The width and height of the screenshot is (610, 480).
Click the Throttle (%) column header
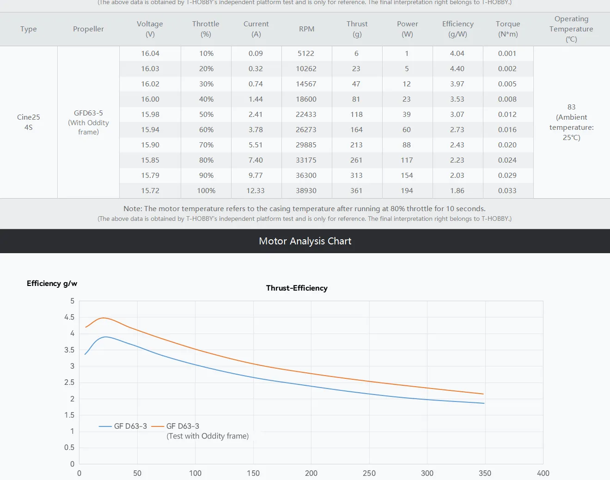(x=206, y=29)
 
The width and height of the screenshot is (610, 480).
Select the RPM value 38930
(x=306, y=190)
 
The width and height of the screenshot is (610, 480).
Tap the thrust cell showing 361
(x=356, y=190)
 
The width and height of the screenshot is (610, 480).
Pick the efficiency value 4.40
(x=457, y=68)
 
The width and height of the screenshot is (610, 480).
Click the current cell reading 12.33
(x=256, y=190)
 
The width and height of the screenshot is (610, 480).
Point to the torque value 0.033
(x=507, y=190)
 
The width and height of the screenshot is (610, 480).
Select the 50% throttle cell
(x=206, y=114)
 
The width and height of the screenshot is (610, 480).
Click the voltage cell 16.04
(x=150, y=53)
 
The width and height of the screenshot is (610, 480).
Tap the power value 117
(x=407, y=160)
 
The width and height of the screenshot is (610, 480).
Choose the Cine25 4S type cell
(x=29, y=122)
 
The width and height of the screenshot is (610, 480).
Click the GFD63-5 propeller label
(x=88, y=113)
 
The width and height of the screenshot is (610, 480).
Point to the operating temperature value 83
(x=571, y=107)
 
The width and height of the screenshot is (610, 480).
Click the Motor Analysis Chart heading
(x=305, y=241)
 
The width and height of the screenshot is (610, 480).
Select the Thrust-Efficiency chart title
(x=297, y=288)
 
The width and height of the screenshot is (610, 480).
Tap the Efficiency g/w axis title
(x=52, y=283)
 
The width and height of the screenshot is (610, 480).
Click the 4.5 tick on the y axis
(x=69, y=317)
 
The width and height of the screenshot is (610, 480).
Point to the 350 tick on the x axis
(x=485, y=473)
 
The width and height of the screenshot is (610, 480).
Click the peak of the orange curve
(x=104, y=318)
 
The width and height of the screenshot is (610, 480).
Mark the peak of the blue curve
(x=106, y=337)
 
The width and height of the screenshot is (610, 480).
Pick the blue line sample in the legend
(x=105, y=426)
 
